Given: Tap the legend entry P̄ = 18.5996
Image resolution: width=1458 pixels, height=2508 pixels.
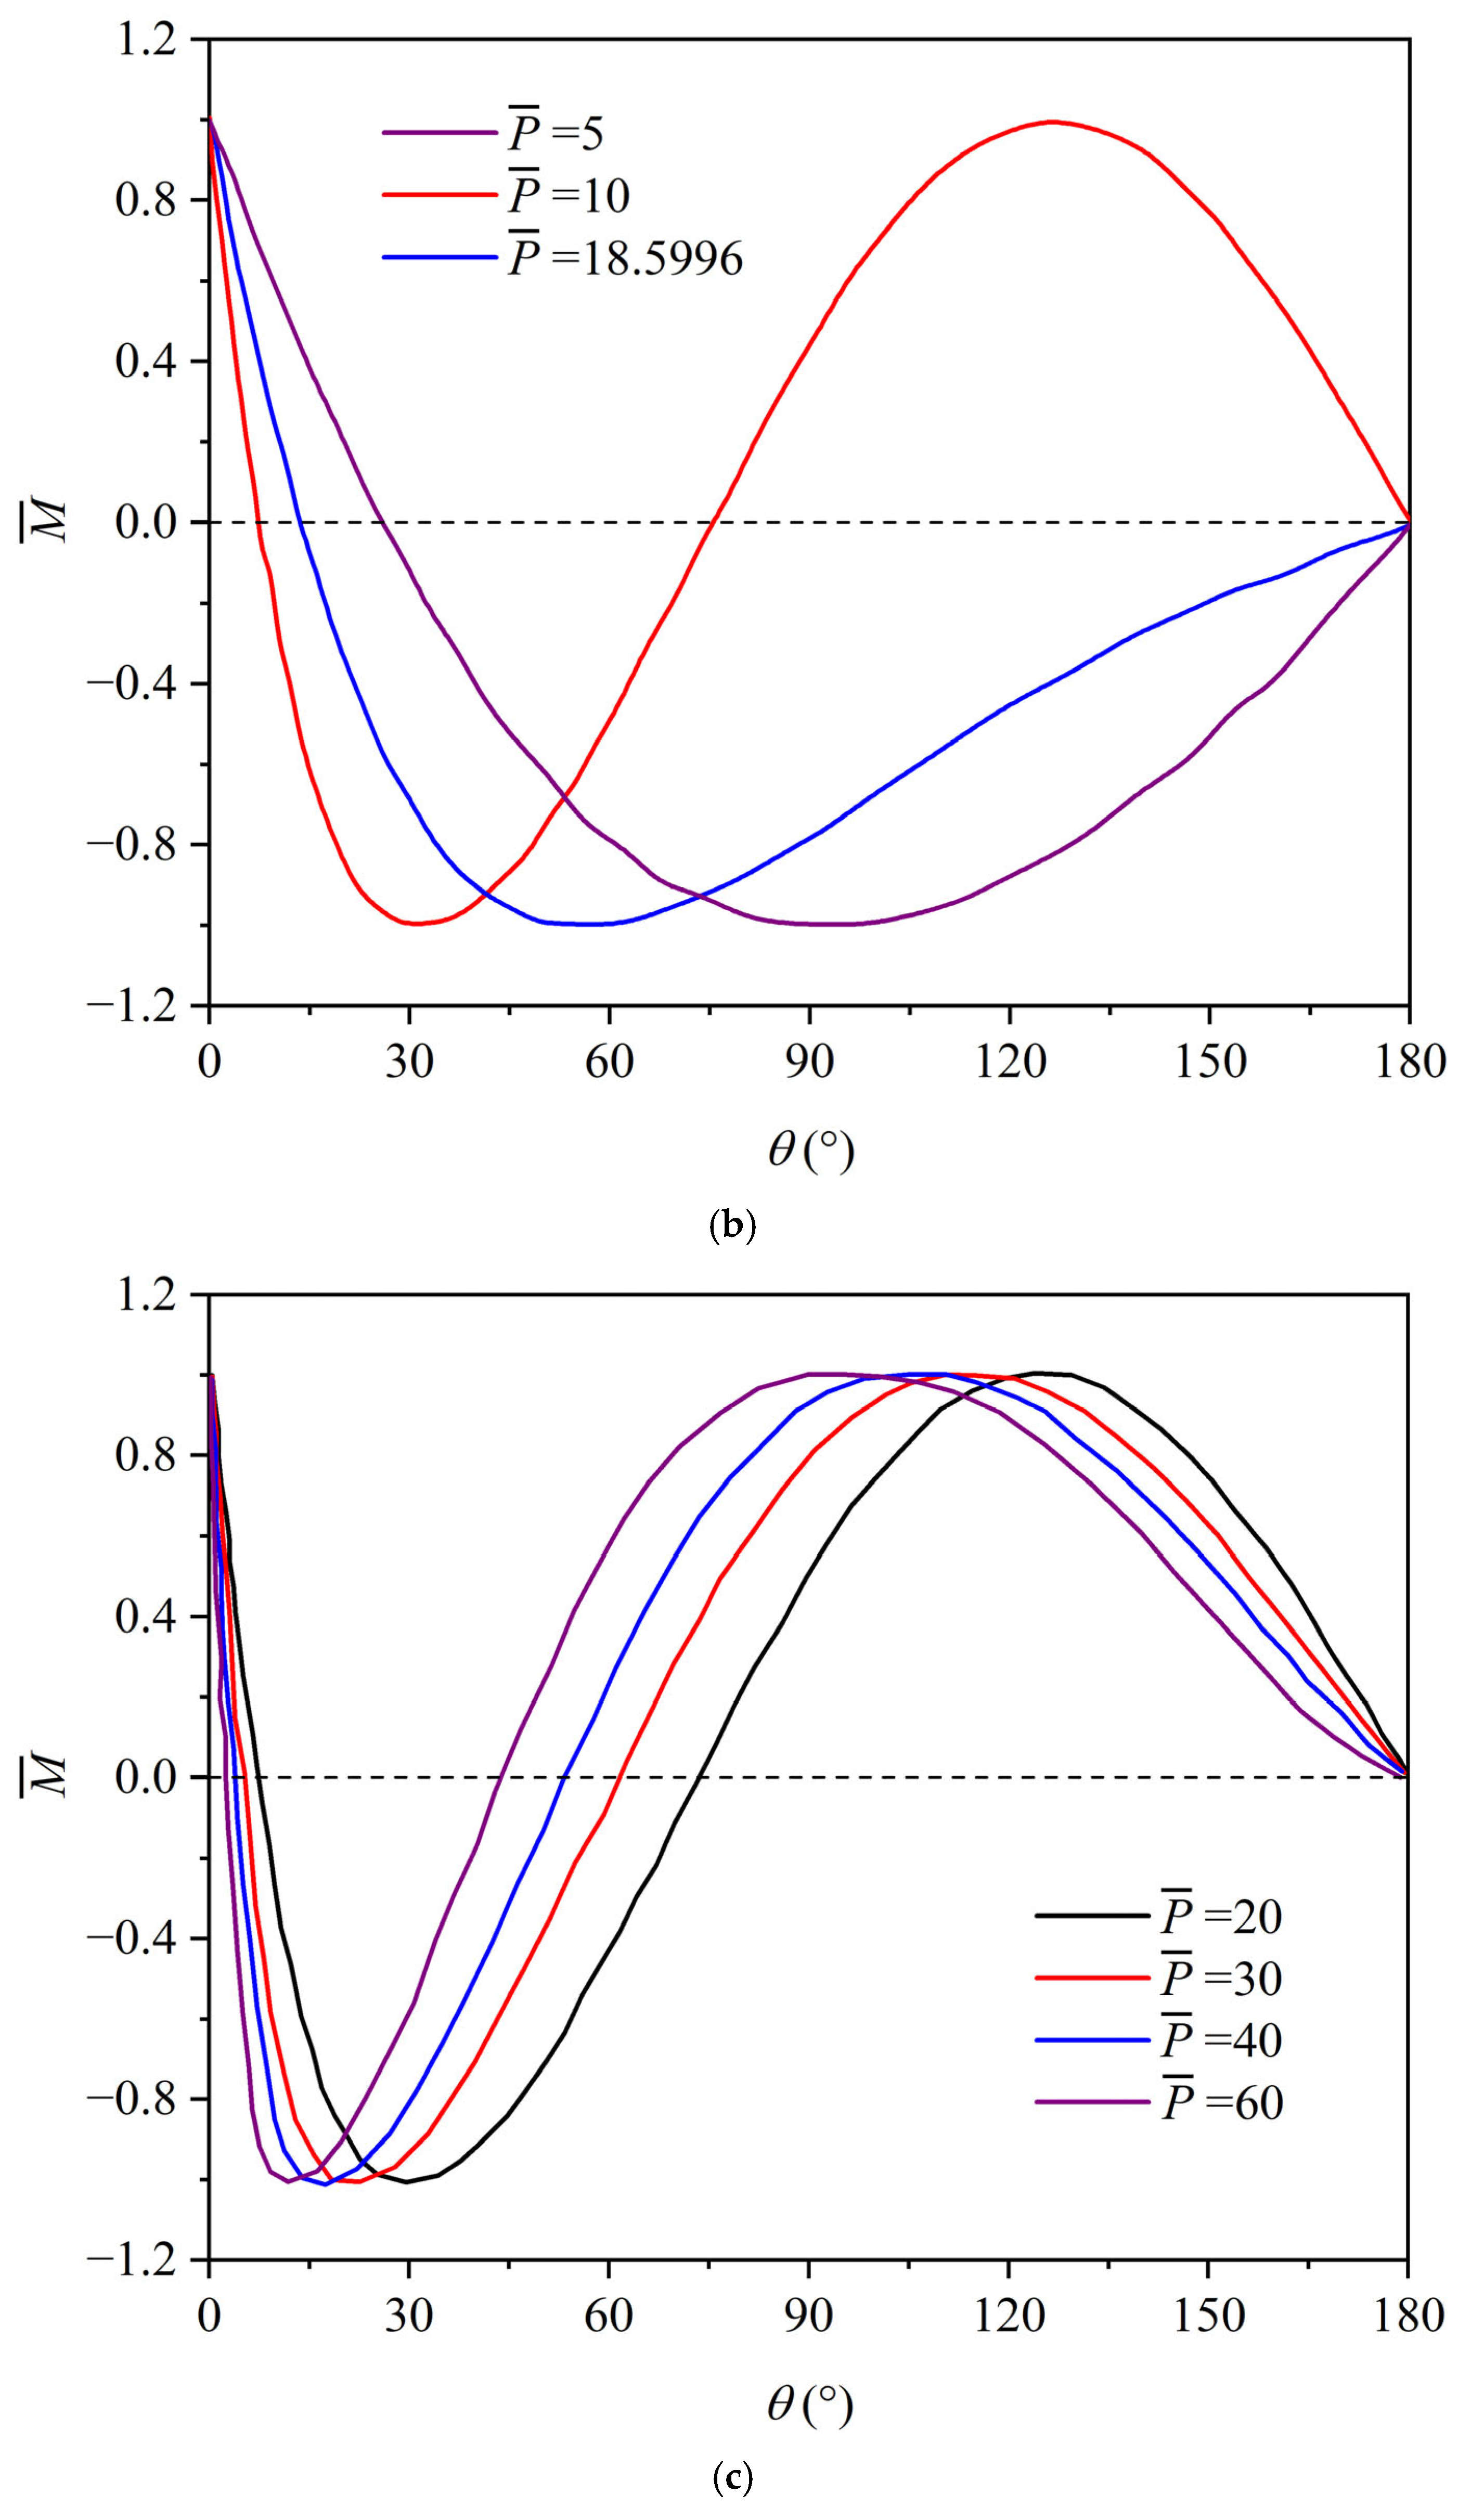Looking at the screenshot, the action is coord(562,258).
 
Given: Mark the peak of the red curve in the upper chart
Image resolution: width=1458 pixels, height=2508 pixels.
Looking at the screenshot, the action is coord(1052,121).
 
